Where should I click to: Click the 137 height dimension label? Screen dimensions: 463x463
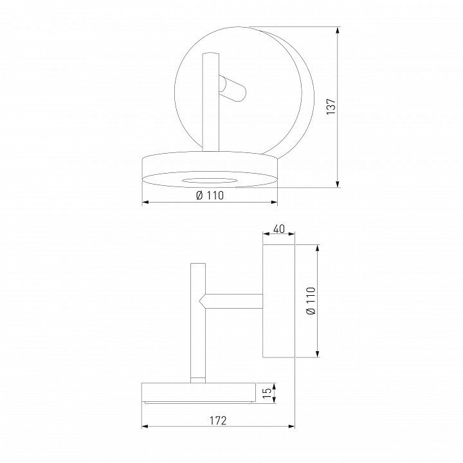click(x=331, y=106)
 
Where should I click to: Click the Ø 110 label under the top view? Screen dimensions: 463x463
click(x=210, y=195)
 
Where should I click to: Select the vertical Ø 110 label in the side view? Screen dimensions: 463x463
click(x=311, y=300)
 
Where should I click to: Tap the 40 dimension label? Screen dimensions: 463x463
click(x=279, y=229)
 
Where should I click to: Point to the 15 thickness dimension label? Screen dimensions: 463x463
click(x=267, y=393)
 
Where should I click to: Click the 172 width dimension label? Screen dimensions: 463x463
click(x=218, y=421)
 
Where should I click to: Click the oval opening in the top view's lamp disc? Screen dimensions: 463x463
click(x=210, y=181)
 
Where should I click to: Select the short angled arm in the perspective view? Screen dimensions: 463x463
click(x=232, y=89)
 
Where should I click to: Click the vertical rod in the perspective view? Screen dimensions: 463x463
click(x=210, y=102)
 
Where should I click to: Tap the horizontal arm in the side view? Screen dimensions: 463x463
click(x=232, y=301)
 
